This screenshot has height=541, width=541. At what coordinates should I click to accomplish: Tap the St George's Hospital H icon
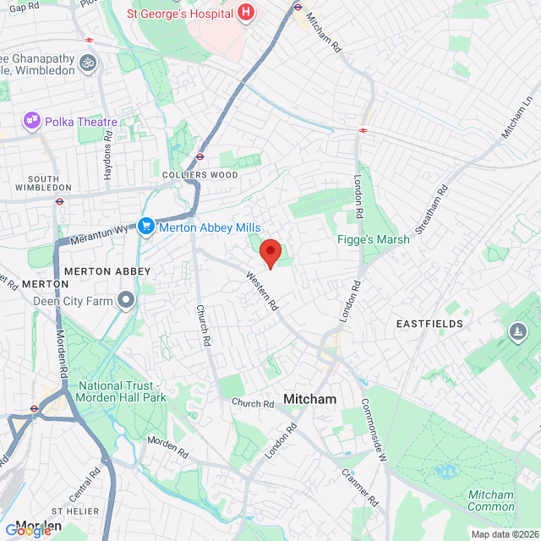(x=245, y=13)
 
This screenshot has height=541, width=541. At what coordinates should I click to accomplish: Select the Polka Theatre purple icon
(x=33, y=122)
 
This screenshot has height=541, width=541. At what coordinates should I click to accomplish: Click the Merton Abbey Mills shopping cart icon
(x=145, y=227)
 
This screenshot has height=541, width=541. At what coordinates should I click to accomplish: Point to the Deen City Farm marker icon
(x=127, y=299)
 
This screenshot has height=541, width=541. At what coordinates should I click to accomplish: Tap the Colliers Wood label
(x=199, y=174)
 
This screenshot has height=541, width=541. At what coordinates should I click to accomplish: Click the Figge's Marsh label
(x=373, y=239)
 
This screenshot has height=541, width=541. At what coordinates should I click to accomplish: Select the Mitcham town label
(x=309, y=399)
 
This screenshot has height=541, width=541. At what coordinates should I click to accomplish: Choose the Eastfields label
(x=430, y=324)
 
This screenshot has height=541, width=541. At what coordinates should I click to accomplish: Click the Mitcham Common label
(x=490, y=501)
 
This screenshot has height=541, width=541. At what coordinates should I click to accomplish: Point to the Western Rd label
(x=262, y=290)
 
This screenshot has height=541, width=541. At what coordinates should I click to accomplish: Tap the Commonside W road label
(x=374, y=429)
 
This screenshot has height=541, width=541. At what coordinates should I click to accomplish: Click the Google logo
(x=28, y=531)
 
